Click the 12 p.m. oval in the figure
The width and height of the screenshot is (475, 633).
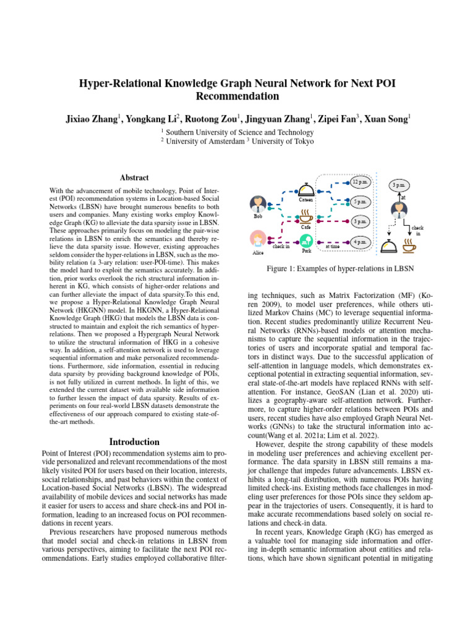(360, 182)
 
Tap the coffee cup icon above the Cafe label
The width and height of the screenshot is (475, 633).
(306, 216)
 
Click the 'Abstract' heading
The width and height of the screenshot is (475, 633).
(134, 177)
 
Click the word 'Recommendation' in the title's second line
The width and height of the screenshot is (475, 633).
(237, 96)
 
